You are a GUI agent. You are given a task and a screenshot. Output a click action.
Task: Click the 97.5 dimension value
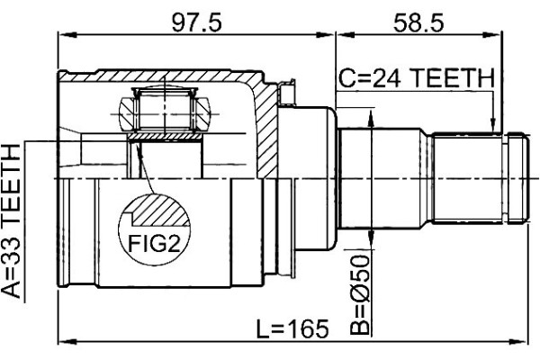[197, 23]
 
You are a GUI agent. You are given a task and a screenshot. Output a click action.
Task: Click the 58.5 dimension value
[418, 23]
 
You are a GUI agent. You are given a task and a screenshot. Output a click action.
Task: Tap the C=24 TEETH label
[417, 78]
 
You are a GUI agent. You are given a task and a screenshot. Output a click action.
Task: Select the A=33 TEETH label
[12, 221]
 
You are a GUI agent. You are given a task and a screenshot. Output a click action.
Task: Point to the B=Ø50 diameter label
[359, 294]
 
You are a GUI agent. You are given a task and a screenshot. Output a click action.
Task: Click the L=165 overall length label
[292, 328]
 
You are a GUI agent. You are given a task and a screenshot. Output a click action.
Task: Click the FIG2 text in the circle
[154, 244]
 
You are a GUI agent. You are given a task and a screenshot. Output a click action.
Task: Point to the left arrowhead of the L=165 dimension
[67, 342]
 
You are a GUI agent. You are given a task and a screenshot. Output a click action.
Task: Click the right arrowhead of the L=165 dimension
[518, 342]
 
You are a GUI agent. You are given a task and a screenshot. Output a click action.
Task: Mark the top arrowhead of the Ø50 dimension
[371, 118]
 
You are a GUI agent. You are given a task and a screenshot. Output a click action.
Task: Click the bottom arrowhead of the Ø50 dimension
[371, 239]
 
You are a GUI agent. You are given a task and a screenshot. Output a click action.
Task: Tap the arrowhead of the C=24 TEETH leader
[493, 125]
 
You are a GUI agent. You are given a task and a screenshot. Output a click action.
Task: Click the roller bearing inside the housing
[165, 110]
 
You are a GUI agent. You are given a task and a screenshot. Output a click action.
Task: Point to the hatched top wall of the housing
[162, 76]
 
